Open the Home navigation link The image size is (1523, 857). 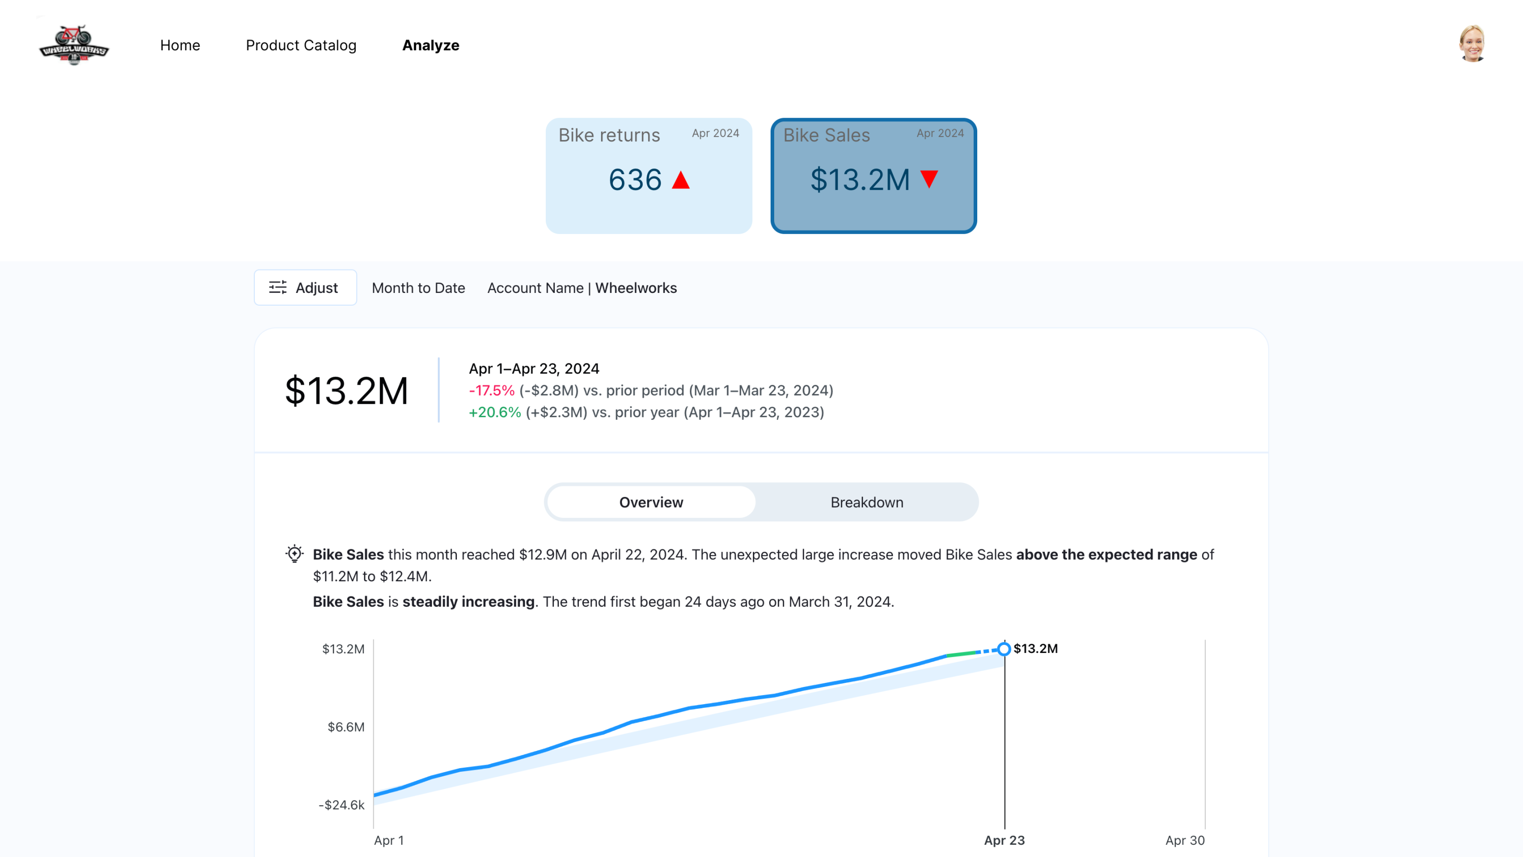tap(180, 46)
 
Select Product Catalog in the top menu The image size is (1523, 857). tap(301, 46)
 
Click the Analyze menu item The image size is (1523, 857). tap(431, 46)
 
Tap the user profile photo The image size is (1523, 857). tap(1472, 44)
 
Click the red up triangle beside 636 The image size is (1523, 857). tap(680, 180)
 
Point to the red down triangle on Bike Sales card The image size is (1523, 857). tap(929, 179)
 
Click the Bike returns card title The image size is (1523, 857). tap(609, 136)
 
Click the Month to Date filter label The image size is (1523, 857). tap(418, 288)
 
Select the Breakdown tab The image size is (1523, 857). tap(866, 502)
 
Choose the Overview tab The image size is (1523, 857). tap(651, 502)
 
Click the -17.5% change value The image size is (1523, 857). tap(491, 390)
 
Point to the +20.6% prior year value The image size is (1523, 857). tap(494, 412)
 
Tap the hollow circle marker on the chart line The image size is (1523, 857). tap(1004, 649)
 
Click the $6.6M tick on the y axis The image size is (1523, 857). tap(346, 727)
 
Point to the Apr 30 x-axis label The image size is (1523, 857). tap(1184, 840)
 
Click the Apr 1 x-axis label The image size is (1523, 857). tap(388, 840)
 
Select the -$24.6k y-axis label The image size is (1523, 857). tap(341, 805)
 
